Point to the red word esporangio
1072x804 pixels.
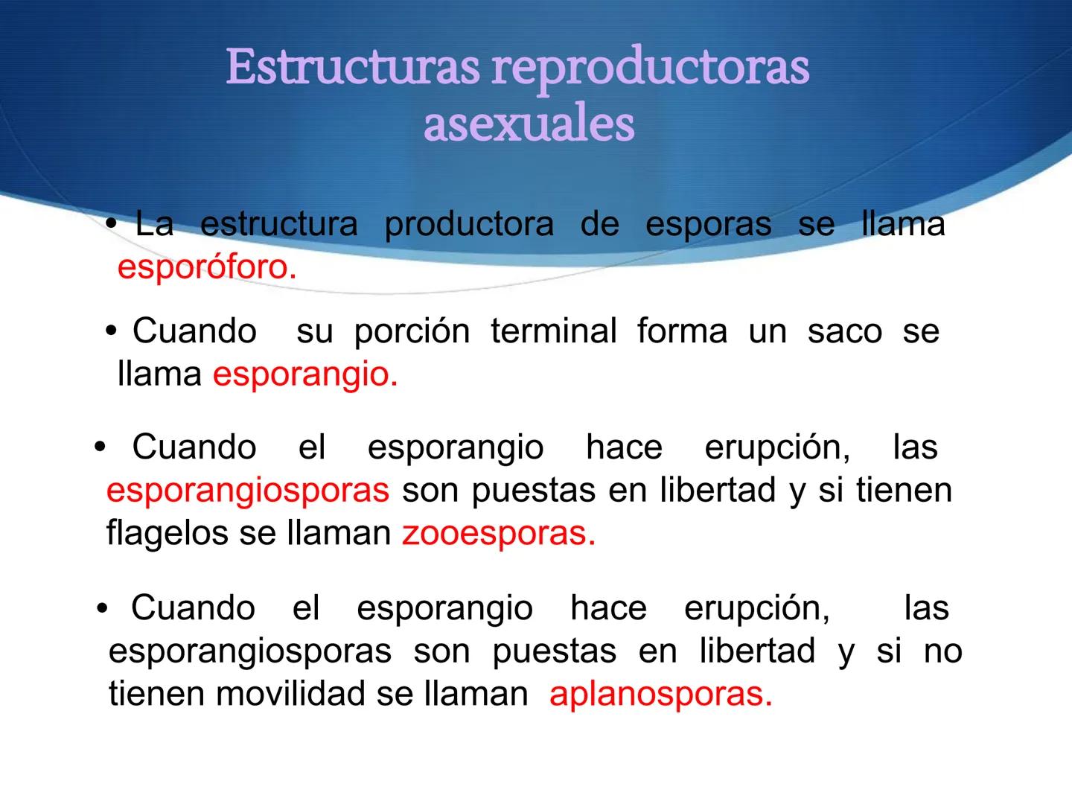[305, 374]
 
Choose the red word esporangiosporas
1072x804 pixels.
[248, 491]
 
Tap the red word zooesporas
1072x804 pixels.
[499, 534]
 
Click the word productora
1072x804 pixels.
[469, 224]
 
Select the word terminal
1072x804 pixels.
[554, 331]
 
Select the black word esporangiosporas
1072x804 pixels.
[250, 652]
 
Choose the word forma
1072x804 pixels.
[682, 331]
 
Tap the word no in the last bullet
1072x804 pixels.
[943, 652]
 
